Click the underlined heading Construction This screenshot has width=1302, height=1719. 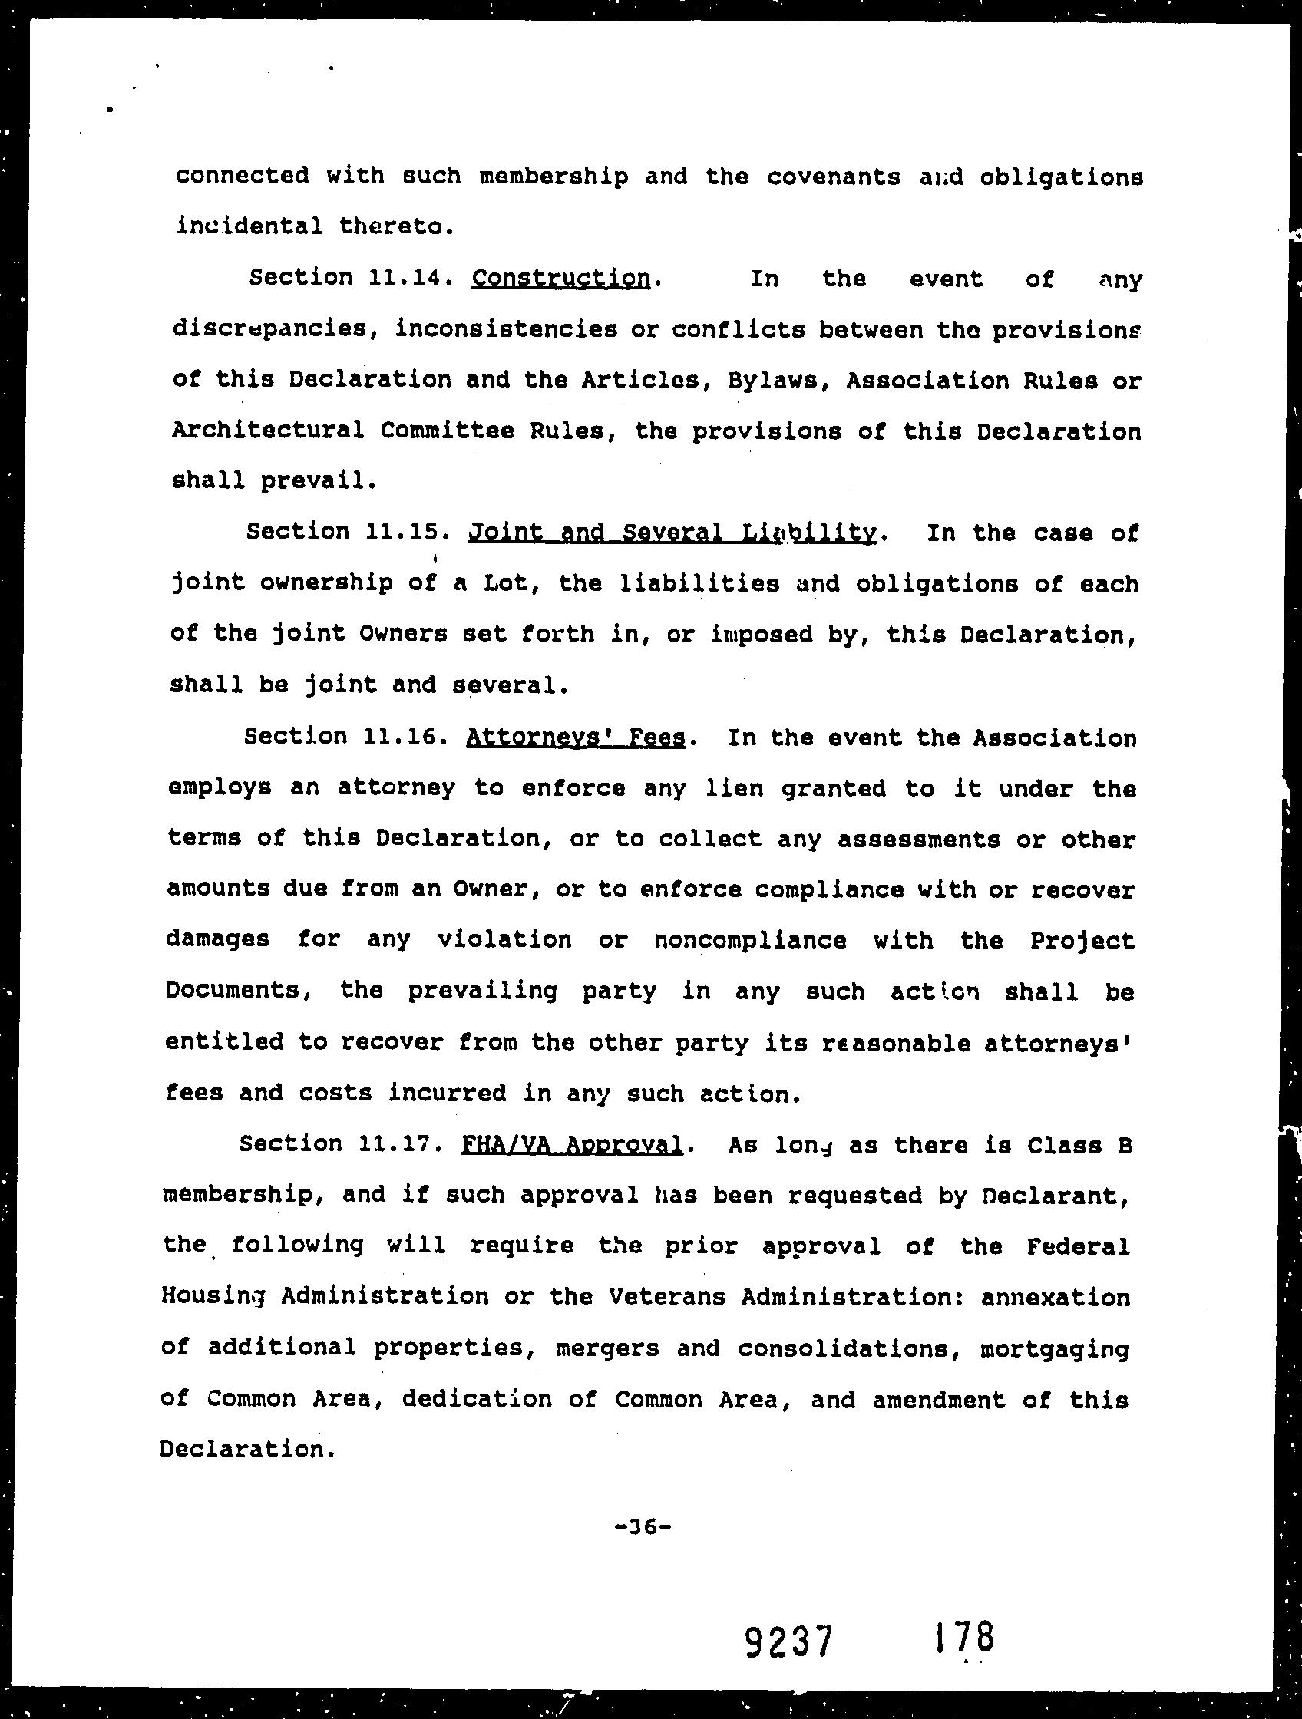coord(560,279)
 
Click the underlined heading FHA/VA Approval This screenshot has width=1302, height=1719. coord(572,1145)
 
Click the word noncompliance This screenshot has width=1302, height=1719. coord(750,941)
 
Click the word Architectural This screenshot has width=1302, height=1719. coord(267,431)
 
